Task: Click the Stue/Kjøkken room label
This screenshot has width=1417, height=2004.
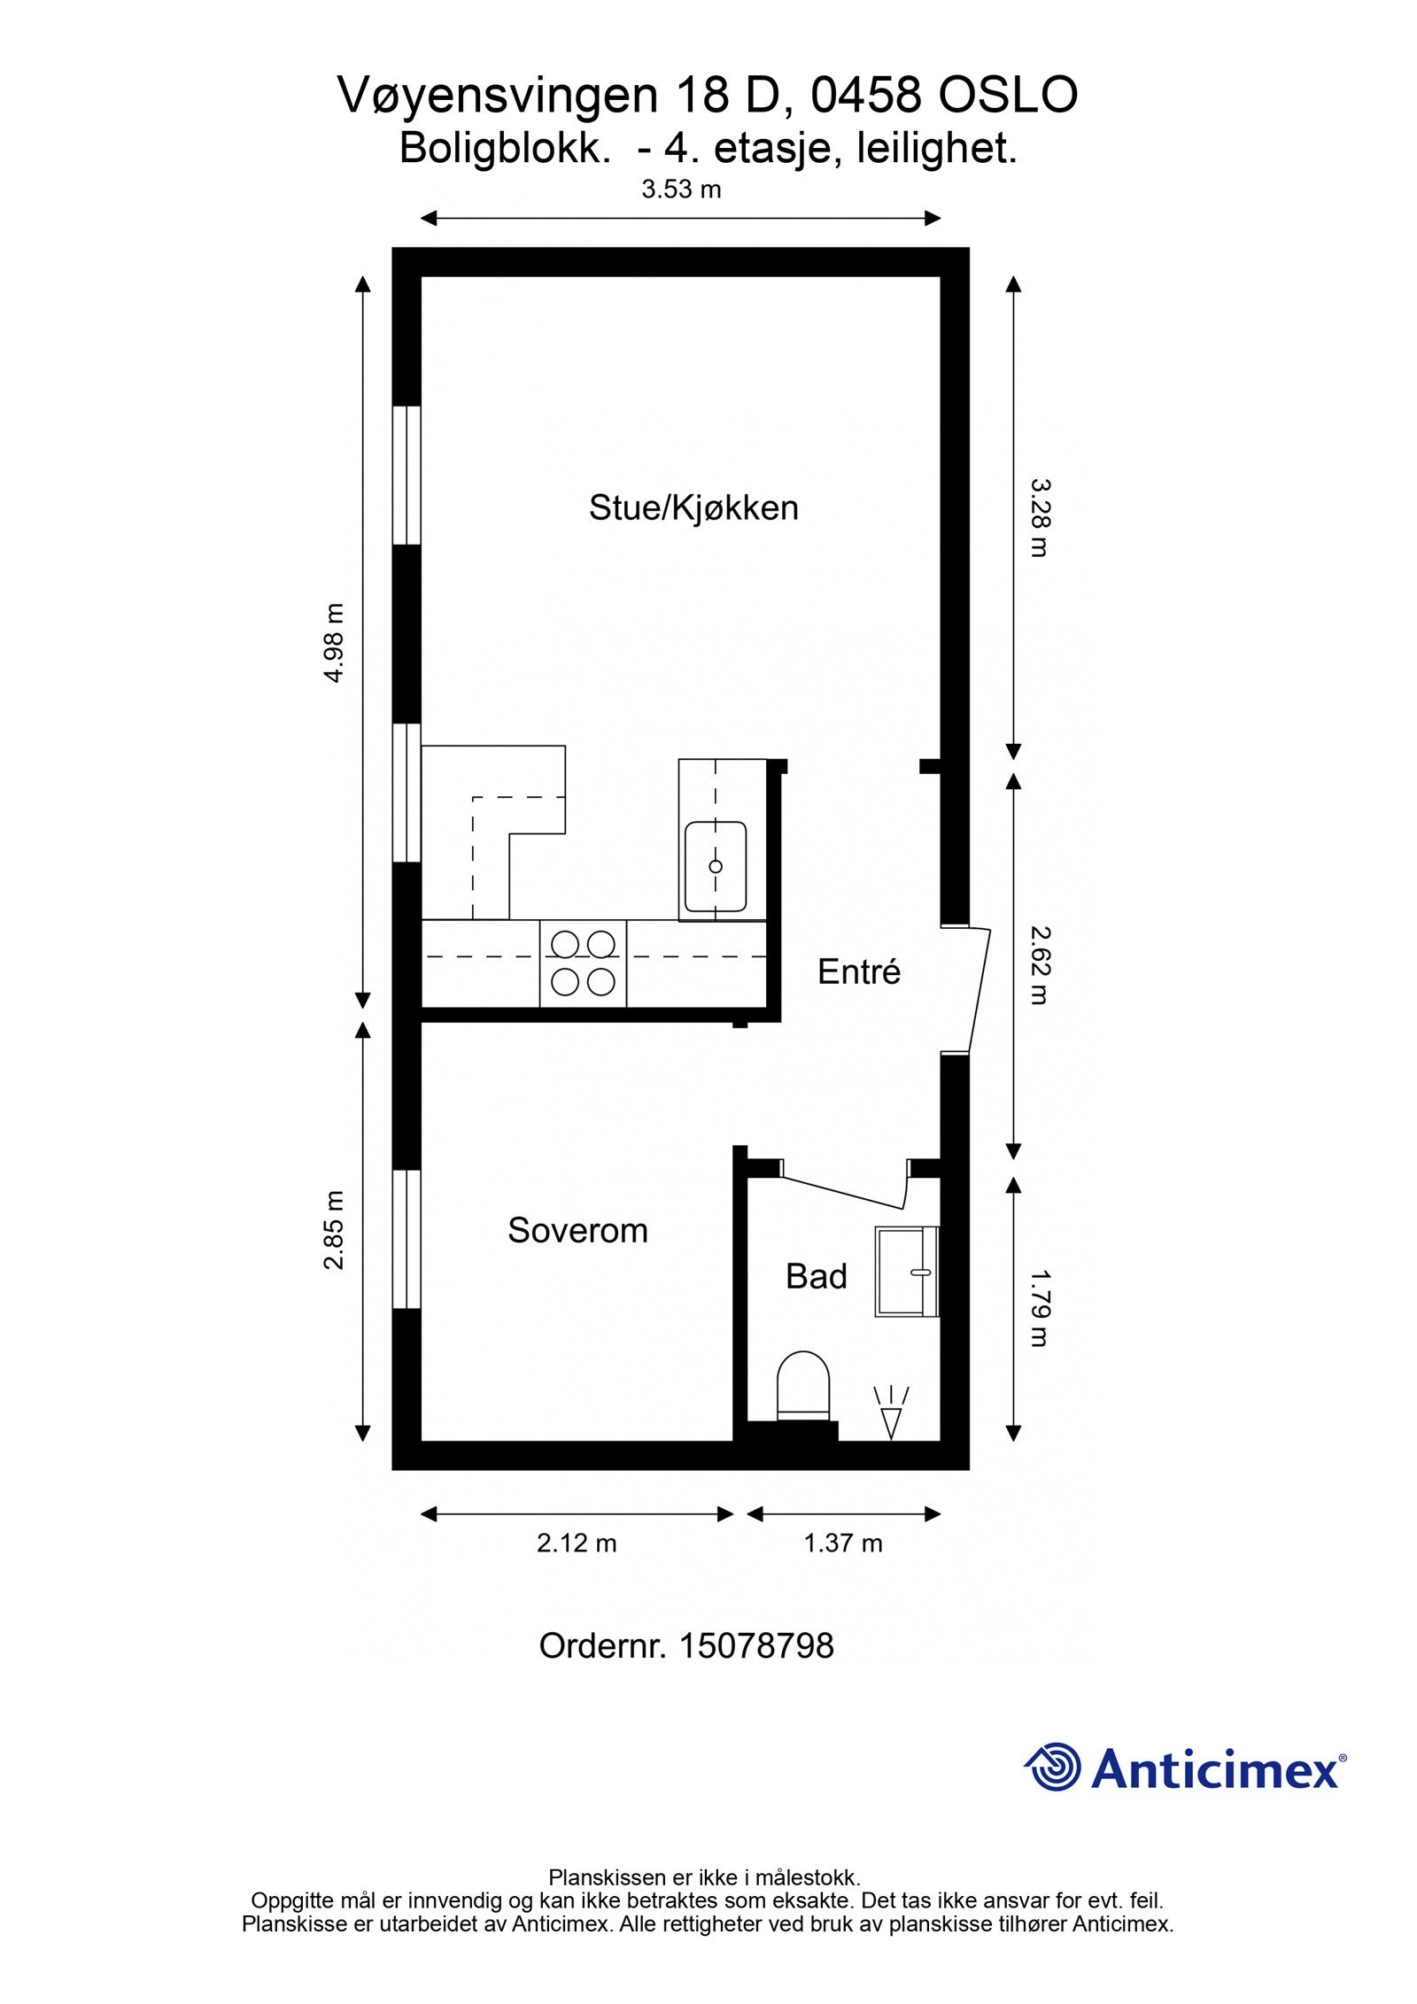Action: [x=693, y=508]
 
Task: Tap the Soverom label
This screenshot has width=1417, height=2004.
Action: [x=577, y=1231]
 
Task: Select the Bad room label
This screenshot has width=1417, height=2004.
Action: [x=816, y=1276]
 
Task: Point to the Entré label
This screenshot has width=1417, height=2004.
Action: [x=858, y=972]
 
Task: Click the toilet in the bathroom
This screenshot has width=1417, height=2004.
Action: [x=803, y=1387]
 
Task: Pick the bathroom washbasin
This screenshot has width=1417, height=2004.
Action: [x=905, y=1272]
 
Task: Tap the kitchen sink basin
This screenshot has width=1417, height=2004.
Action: [x=715, y=866]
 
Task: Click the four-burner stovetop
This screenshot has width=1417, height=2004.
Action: [x=583, y=963]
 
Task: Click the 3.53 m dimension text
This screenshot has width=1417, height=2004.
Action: [x=680, y=190]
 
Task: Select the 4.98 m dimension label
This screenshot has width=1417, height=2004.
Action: [x=333, y=643]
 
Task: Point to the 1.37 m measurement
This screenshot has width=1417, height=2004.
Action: [x=842, y=1543]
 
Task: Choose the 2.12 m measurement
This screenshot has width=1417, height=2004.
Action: [x=576, y=1543]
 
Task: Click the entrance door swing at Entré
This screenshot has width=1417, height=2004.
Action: [x=976, y=990]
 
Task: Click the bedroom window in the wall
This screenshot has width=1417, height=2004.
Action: [x=407, y=1238]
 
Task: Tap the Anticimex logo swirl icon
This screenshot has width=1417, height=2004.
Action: [x=1053, y=1767]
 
